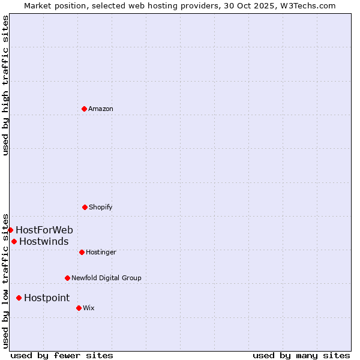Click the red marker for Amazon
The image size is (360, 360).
84,109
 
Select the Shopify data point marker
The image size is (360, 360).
85,207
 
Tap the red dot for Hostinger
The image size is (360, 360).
82,252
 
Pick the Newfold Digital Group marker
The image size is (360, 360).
67,278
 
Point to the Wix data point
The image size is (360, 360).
79,308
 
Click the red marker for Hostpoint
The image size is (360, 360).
19,298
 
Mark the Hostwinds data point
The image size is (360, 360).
14,241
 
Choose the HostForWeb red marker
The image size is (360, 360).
10,230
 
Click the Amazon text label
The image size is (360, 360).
101,109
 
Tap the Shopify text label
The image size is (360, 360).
101,208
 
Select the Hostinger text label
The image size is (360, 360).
101,253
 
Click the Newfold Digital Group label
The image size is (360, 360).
106,278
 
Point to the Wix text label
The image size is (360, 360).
89,308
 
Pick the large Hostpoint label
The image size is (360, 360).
47,298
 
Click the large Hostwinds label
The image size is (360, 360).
44,242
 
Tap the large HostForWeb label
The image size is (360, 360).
44,230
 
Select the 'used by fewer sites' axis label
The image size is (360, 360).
62,355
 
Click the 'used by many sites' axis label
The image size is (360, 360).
301,355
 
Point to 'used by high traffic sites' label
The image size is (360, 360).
6,85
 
